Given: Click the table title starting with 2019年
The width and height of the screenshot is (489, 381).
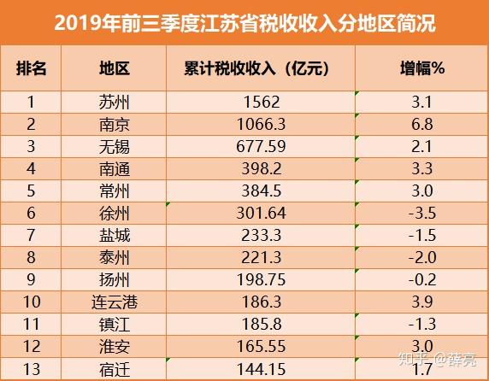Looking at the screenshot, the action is pos(244,23).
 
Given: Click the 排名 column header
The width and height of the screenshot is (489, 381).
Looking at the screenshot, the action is pos(31,68).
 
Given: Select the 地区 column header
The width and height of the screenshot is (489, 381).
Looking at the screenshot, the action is pos(115,68).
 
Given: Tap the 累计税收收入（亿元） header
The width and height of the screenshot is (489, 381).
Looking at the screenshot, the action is pos(256,68).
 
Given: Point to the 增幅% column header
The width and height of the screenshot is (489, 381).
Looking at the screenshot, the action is pos(422,68).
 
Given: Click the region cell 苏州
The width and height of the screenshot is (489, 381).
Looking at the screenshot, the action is pos(115,103).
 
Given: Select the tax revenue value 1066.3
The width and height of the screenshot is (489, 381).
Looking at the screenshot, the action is pos(261,125).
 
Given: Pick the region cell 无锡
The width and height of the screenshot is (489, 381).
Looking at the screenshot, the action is pos(115,147).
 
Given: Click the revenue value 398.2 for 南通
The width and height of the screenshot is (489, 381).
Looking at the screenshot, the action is pos(262,169).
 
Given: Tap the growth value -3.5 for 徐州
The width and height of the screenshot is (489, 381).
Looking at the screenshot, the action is pos(422,214).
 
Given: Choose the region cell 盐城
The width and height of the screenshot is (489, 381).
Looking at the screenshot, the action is pos(115,236).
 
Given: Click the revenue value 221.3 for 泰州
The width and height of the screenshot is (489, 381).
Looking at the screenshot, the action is pos(262,258).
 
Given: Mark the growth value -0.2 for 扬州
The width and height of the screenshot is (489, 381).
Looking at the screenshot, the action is pos(422,279).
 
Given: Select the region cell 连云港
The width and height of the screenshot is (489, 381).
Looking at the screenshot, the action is pos(115,302).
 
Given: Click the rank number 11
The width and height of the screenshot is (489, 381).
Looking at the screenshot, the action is pos(31,325).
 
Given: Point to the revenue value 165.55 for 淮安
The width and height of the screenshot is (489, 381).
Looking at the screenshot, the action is pos(261,347).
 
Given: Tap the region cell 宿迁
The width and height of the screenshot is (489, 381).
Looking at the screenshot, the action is pos(115,370).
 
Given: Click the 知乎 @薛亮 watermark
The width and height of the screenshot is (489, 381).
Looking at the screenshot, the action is pos(437,360).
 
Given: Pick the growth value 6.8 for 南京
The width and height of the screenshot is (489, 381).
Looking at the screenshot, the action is pos(422,125).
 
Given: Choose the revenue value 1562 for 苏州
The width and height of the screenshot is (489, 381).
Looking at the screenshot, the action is pos(262,103).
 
